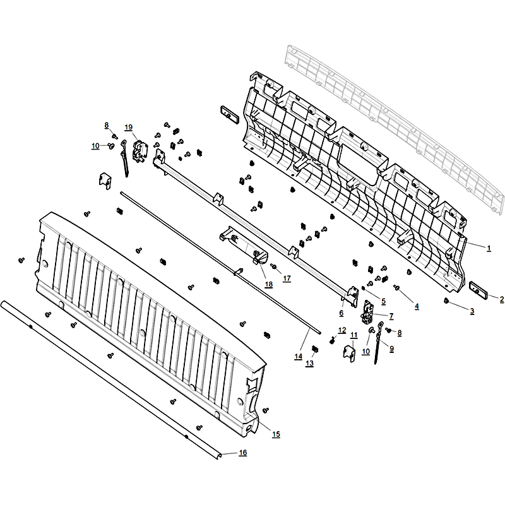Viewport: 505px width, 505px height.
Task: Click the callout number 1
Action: point(489,248)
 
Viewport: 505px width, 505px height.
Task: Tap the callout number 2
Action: point(502,299)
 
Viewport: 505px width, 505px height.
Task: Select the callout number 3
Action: point(472,311)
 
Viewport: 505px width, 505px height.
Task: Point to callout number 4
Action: point(417,306)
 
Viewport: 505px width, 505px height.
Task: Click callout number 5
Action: point(383,302)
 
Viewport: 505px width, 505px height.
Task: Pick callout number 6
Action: point(342,312)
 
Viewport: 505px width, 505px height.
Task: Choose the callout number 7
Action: point(391,316)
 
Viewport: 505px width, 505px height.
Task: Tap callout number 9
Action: point(391,348)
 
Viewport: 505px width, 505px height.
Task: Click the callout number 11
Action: point(354,335)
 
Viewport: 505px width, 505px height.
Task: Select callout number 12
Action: point(342,330)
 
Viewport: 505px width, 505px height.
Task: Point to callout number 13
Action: point(309,364)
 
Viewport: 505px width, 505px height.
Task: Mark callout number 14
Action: point(298,356)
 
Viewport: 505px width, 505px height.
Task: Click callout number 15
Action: point(276,434)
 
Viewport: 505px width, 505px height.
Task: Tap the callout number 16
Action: point(243,453)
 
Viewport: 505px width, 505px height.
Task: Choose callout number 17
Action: point(287,278)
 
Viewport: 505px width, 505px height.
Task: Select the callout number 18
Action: point(269,285)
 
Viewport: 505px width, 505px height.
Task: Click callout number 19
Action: point(129,128)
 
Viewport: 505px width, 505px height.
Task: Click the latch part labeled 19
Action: point(140,151)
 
